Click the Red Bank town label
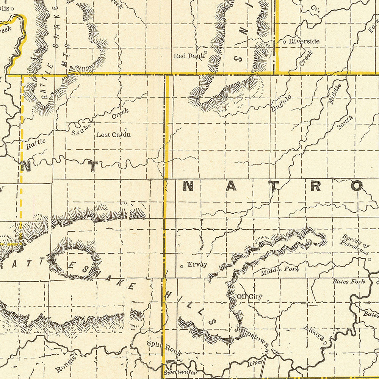pyautogui.click(x=188, y=56)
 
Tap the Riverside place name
pyautogui.click(x=304, y=41)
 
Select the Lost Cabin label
pyautogui.click(x=113, y=134)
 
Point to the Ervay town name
pyautogui.click(x=197, y=265)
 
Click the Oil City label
pyautogui.click(x=249, y=297)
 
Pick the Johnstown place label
pyautogui.click(x=252, y=337)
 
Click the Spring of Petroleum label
pyautogui.click(x=355, y=245)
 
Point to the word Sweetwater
pyautogui.click(x=180, y=373)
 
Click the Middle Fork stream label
pyautogui.click(x=280, y=271)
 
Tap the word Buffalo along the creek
pyautogui.click(x=281, y=103)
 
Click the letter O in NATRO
pyautogui.click(x=356, y=185)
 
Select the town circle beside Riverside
pyautogui.click(x=285, y=41)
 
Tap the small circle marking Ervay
pyautogui.click(x=182, y=266)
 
